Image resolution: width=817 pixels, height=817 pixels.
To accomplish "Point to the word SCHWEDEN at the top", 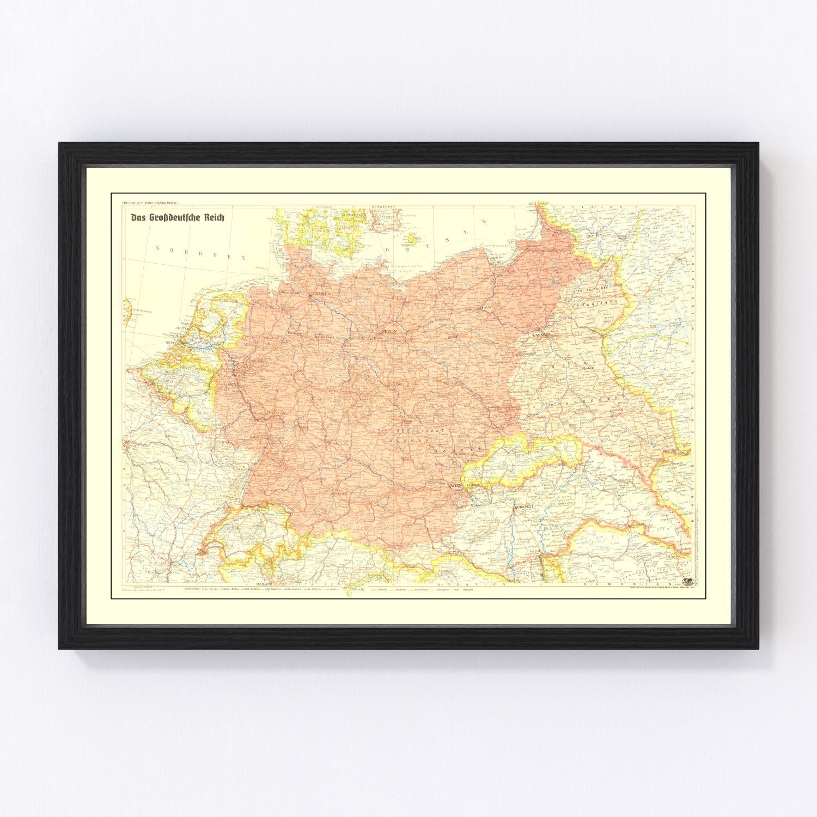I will pos(383,208).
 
